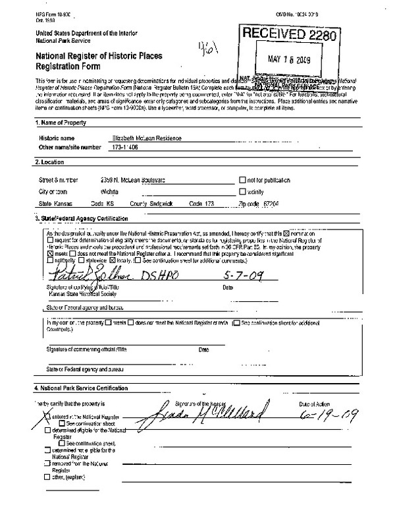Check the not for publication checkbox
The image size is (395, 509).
(242, 179)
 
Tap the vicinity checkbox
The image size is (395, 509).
(242, 191)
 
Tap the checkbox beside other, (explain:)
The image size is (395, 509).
(45, 475)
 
